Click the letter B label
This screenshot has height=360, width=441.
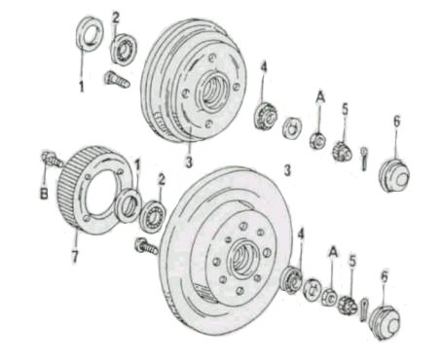(44, 194)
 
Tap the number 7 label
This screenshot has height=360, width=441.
(75, 257)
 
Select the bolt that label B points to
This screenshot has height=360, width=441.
(52, 159)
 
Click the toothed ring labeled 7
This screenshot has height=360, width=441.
(94, 190)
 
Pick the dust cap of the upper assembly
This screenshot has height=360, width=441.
(394, 175)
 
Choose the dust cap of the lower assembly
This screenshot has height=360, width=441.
(385, 323)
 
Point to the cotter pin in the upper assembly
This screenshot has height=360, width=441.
(364, 159)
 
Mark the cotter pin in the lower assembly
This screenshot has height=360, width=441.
(364, 309)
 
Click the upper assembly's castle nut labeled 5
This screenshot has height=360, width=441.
(342, 151)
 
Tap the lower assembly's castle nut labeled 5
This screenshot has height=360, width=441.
(348, 305)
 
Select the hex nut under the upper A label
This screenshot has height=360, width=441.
(317, 141)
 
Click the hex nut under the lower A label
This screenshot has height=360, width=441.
(329, 297)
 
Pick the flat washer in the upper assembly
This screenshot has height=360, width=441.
(292, 127)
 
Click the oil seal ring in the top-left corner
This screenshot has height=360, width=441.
(90, 34)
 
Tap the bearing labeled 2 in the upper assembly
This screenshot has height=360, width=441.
(124, 49)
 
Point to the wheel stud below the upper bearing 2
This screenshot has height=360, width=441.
(117, 80)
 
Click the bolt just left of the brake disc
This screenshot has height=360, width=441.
(146, 246)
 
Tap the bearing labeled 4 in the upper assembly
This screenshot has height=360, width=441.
(266, 116)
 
